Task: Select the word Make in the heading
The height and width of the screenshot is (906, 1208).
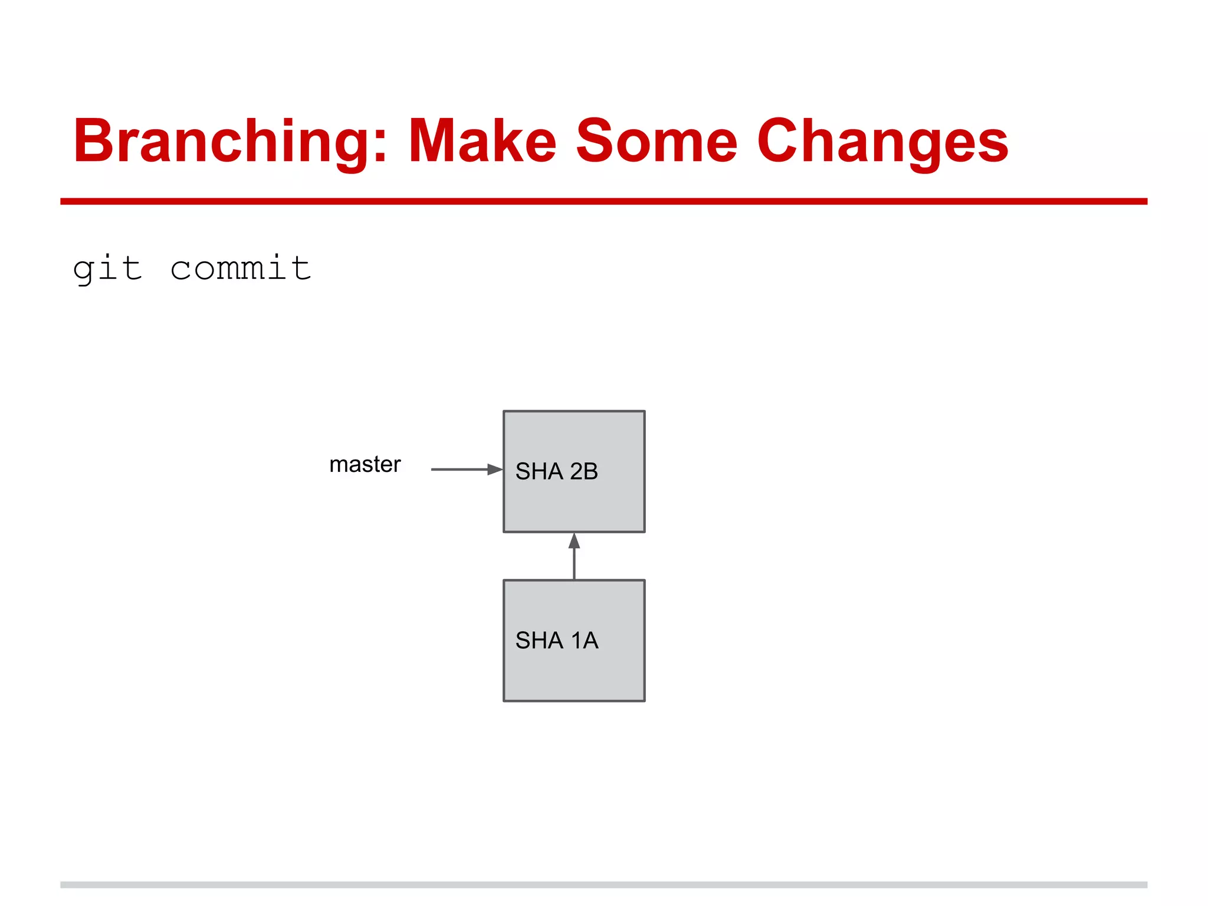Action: click(x=482, y=142)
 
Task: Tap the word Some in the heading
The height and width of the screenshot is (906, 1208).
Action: click(x=656, y=142)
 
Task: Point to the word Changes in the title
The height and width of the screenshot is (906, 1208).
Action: click(x=882, y=142)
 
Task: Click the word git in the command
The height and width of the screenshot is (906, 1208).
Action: click(x=107, y=269)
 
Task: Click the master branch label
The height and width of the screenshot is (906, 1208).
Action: click(x=365, y=465)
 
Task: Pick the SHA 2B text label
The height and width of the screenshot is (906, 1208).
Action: click(x=556, y=471)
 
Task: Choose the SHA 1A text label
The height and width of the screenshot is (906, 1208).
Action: click(x=556, y=641)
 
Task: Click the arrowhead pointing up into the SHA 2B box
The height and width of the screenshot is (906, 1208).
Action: click(x=574, y=540)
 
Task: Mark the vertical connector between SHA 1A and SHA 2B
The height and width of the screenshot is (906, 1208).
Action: click(x=574, y=564)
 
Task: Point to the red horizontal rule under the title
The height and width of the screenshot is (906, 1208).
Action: click(x=603, y=201)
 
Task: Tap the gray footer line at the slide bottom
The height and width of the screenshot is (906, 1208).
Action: click(x=603, y=885)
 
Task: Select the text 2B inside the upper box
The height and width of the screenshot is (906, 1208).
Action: click(x=584, y=471)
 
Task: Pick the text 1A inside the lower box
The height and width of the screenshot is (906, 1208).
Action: click(x=585, y=641)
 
